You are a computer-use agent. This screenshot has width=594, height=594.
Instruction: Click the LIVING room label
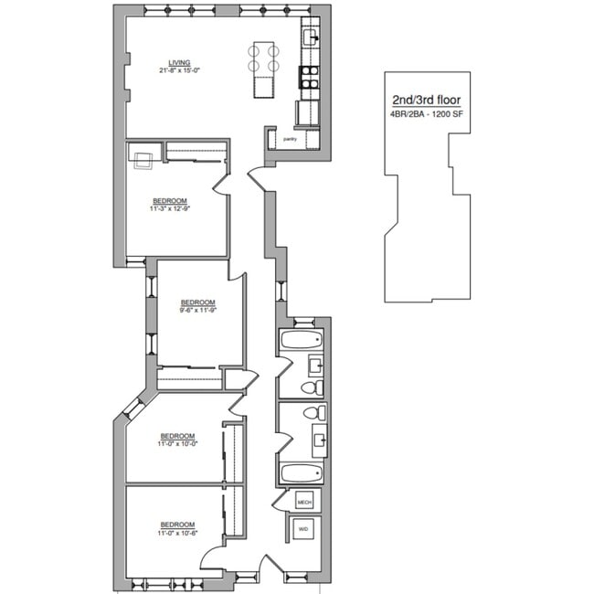[166, 62]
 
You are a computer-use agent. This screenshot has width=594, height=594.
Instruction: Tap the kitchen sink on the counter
[310, 37]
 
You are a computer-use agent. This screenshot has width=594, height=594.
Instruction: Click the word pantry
[289, 139]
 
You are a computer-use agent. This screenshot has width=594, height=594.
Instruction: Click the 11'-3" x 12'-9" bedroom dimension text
[170, 209]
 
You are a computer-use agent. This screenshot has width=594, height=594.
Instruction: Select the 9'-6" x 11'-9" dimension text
[197, 311]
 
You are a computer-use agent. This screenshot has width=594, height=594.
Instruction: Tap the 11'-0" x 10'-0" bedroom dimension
[178, 443]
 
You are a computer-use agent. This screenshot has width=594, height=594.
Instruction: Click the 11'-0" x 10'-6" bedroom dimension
[178, 533]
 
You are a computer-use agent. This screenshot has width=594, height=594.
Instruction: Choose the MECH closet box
[304, 502]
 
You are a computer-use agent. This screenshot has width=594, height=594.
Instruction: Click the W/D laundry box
[303, 529]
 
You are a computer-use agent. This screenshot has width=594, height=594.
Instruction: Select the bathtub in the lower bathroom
[301, 473]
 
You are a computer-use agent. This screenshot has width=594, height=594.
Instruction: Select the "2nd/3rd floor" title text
[427, 99]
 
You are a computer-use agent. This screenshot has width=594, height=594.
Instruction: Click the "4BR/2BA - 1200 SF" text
[427, 114]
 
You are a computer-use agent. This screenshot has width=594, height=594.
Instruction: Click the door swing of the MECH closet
[282, 501]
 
